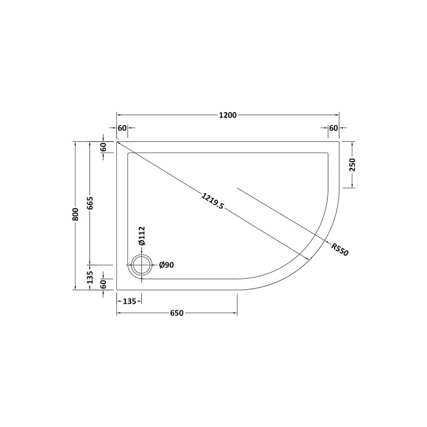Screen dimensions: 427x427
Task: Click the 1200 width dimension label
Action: point(228,115)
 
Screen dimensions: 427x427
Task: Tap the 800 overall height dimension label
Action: point(76,215)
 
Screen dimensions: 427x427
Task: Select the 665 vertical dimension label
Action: point(90,203)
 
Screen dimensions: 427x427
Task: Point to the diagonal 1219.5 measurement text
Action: point(212,201)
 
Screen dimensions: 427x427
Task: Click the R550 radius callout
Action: point(340,249)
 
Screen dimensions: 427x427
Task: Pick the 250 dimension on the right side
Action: point(352,164)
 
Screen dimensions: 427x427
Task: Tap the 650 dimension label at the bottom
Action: point(177,313)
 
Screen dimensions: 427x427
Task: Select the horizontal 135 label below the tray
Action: point(129,301)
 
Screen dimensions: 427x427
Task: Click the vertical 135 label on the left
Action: point(90,277)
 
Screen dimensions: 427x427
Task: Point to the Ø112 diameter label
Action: point(142,236)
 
